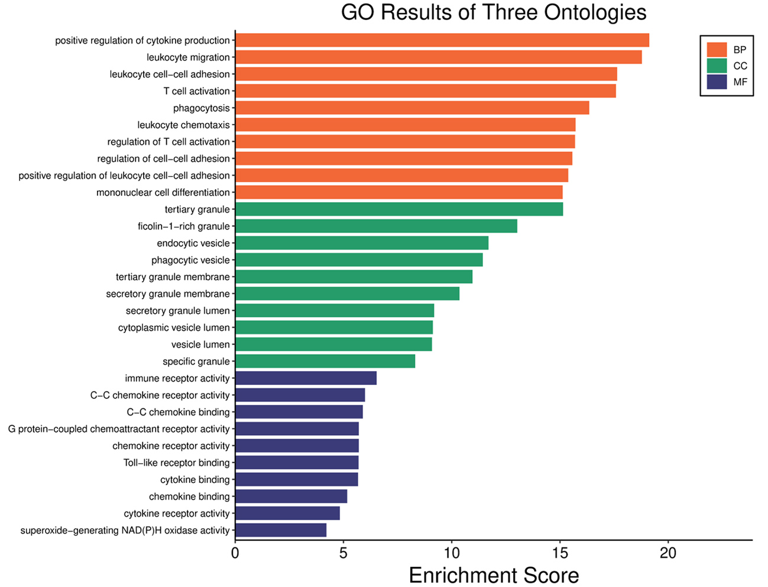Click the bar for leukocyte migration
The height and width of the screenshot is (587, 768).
pos(438,57)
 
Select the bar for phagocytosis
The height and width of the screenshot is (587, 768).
pos(412,108)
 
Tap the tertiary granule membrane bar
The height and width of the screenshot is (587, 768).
pos(354,277)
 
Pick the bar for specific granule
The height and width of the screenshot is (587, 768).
pos(325,361)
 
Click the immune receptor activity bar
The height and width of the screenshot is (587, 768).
pos(306,378)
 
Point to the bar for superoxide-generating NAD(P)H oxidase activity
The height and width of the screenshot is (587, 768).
pos(281,530)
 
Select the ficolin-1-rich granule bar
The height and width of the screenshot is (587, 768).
pos(376,226)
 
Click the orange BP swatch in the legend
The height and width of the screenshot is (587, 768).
pos(717,50)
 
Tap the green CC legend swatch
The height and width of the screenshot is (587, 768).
pos(717,66)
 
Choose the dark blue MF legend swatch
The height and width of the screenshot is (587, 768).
pos(717,82)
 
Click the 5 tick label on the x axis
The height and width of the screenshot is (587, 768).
pos(344,553)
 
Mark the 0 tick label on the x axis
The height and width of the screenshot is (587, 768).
pos(235,553)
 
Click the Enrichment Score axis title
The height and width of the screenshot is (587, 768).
pos(494,575)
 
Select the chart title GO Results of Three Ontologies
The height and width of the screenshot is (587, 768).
pos(494,12)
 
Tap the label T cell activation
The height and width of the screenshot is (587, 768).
pos(196,91)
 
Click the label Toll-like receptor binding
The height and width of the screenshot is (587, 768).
pos(176,463)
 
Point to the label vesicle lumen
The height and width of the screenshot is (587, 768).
pos(200,345)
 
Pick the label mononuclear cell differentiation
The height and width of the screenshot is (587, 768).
pos(163,193)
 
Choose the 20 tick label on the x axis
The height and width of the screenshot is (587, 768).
pos(668,553)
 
